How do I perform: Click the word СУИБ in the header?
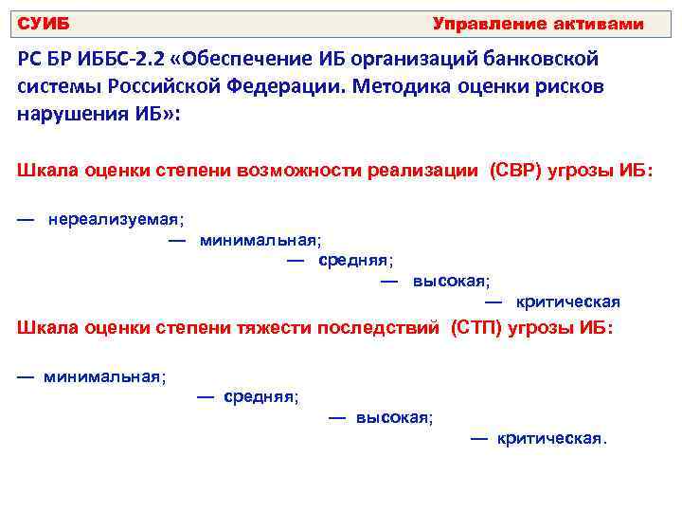point(44,24)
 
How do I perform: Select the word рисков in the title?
point(569,86)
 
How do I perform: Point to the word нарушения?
point(67,114)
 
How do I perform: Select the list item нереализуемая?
point(115,219)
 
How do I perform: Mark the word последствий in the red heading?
point(382,327)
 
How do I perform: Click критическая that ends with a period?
point(550,439)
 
